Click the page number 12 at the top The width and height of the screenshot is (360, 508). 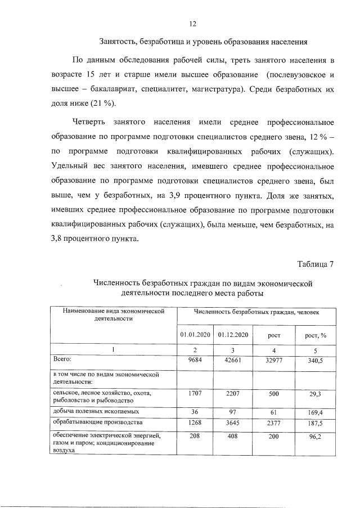click(x=192, y=24)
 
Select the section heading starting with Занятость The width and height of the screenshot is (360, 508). click(x=203, y=41)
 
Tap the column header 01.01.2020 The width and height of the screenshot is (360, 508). click(x=195, y=335)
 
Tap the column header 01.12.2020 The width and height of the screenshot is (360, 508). click(x=233, y=335)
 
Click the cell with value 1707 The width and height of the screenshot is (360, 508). click(x=195, y=394)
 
